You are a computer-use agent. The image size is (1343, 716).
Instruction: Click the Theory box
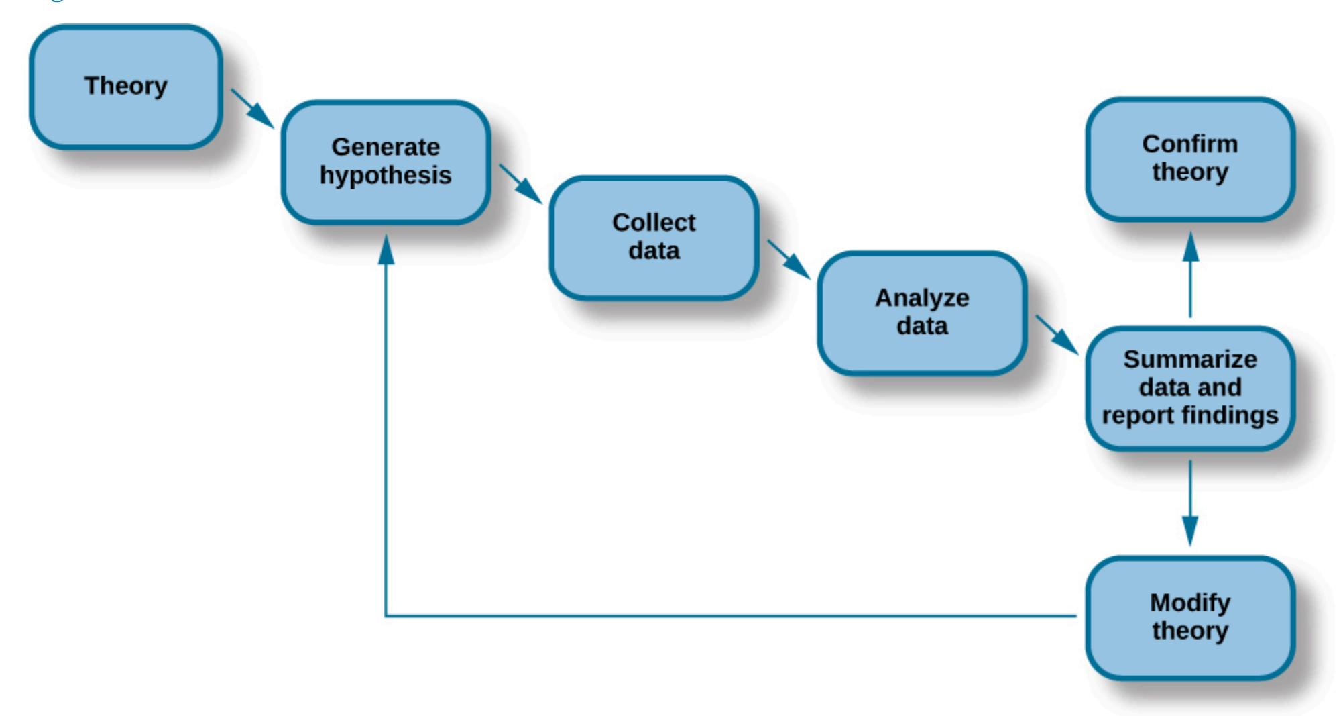coord(126,87)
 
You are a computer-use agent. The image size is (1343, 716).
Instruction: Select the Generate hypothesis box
coord(386,162)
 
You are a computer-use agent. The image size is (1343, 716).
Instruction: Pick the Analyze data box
coord(922,313)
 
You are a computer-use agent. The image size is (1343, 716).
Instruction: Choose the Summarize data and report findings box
coord(1190,388)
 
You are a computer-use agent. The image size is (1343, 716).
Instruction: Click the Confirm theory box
coord(1190,158)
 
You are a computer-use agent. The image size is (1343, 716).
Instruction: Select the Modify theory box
coord(1190,617)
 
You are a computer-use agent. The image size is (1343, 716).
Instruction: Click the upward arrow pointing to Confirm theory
coord(1190,275)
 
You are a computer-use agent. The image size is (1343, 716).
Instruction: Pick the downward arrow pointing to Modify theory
coord(1190,503)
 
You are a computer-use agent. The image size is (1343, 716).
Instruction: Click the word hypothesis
coord(386,176)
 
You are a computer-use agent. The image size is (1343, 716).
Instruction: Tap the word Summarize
coord(1190,360)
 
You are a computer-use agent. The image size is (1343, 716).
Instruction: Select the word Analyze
coord(922,298)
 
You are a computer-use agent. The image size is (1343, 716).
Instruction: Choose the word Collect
coord(654,223)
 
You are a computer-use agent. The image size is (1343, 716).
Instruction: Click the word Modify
coord(1190,603)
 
